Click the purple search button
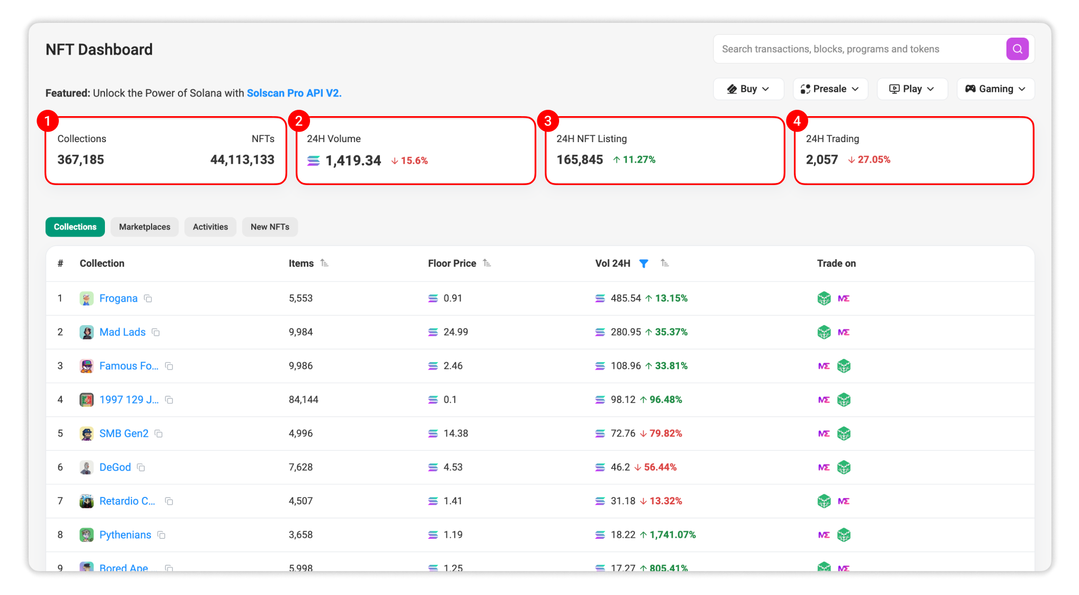(x=1016, y=49)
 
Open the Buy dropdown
(x=748, y=89)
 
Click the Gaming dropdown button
(x=995, y=89)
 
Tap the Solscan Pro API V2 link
(x=294, y=93)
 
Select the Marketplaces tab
(x=144, y=227)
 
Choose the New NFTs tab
(x=269, y=227)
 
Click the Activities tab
(x=210, y=227)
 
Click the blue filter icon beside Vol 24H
(x=643, y=264)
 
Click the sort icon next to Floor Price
(x=487, y=264)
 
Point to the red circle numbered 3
(x=547, y=121)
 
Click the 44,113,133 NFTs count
(x=242, y=160)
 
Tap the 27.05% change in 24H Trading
(x=873, y=160)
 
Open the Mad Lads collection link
(x=122, y=332)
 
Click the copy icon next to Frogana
(x=148, y=299)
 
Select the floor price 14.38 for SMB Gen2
(x=455, y=434)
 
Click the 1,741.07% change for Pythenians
(x=672, y=535)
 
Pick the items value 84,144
(x=303, y=400)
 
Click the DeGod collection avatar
(x=86, y=468)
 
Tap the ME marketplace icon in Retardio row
(x=843, y=501)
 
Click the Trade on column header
(x=836, y=264)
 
